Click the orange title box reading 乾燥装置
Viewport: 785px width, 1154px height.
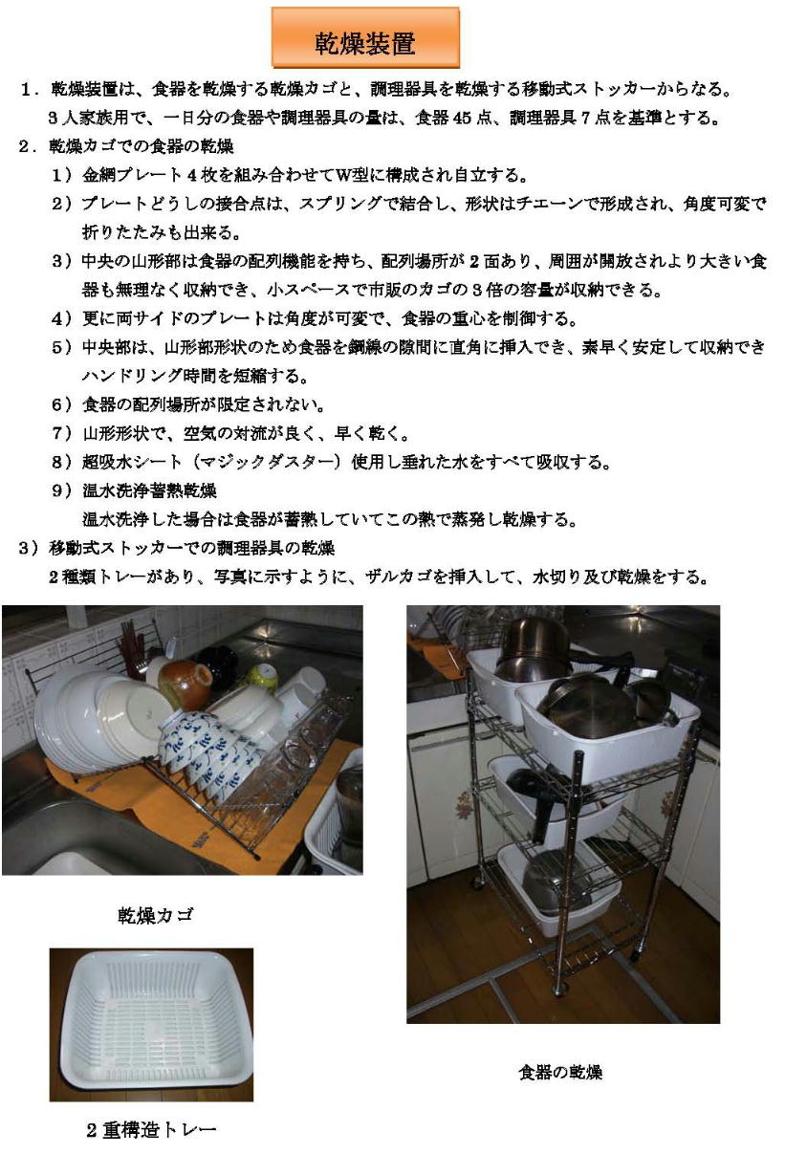[x=365, y=37]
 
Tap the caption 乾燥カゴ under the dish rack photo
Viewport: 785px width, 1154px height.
[x=156, y=915]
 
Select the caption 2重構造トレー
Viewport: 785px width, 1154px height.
[x=151, y=1130]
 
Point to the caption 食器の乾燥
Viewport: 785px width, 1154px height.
[x=560, y=1072]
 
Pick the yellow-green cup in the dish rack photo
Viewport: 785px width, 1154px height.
[x=262, y=677]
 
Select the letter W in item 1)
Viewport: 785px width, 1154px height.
[x=344, y=176]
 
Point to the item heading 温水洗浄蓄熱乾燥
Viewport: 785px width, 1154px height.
[x=149, y=490]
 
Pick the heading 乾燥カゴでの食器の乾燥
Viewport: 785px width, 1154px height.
[x=142, y=147]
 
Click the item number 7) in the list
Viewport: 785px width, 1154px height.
[x=62, y=433]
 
